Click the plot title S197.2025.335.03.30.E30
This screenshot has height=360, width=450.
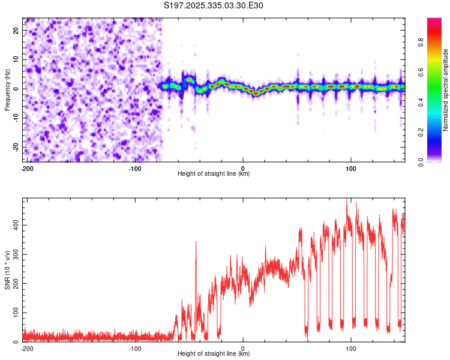214,5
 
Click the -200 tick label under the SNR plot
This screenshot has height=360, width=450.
26,349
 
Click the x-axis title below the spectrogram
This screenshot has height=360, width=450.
214,174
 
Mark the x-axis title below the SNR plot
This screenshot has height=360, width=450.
214,354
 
